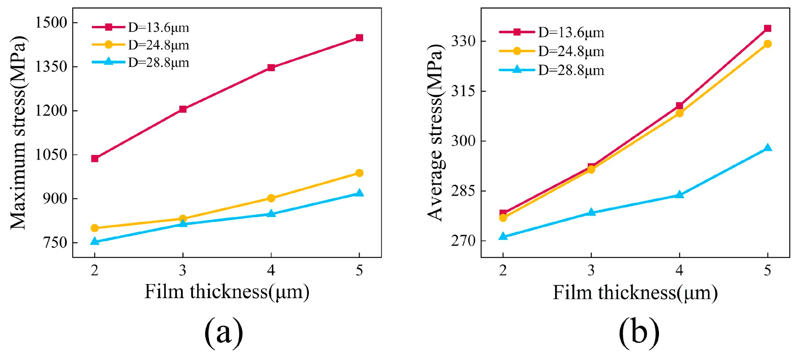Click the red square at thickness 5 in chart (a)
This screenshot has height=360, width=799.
[359, 38]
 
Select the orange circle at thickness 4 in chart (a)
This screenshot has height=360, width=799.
[271, 198]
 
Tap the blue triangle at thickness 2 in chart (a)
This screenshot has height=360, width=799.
[95, 241]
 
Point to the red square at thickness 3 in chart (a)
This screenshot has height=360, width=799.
[183, 109]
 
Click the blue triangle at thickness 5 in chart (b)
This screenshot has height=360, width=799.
[767, 148]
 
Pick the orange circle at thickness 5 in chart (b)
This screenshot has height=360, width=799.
[767, 44]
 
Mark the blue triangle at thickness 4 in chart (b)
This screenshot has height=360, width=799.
[679, 195]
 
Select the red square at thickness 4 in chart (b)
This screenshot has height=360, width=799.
[679, 106]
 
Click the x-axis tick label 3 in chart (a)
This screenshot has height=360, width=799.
[183, 270]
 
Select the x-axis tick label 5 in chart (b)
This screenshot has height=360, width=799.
[767, 270]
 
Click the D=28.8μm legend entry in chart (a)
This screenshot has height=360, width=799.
[140, 62]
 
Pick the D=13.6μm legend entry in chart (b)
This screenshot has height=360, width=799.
[552, 32]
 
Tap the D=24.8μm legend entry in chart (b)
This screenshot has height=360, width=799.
[552, 51]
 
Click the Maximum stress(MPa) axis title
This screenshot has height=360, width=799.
[18, 133]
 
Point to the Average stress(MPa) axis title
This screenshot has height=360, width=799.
[435, 133]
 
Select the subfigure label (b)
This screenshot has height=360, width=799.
[639, 332]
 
